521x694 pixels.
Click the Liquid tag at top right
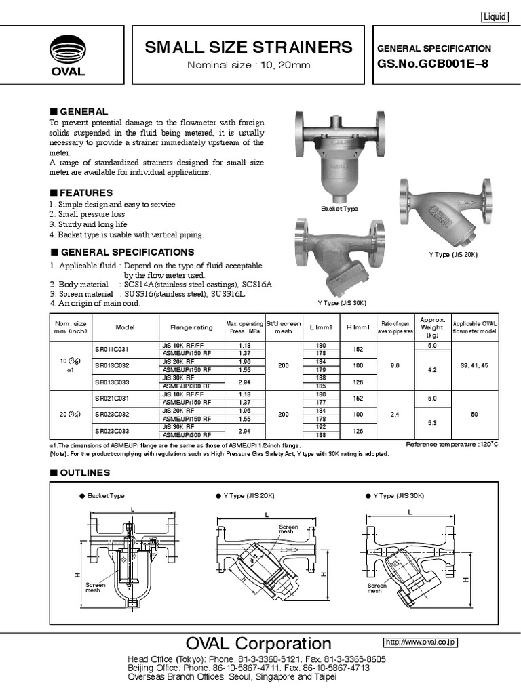coord(495,17)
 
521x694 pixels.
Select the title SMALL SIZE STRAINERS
coord(249,47)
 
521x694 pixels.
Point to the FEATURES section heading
coord(86,192)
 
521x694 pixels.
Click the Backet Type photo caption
coord(339,209)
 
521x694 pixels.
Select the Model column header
coord(126,327)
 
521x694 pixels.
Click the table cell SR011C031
coord(111,349)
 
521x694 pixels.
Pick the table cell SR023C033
coord(111,431)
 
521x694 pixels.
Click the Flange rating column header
coord(191,327)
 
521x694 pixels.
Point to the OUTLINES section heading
coord(84,472)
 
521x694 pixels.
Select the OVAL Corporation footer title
coord(260,643)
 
